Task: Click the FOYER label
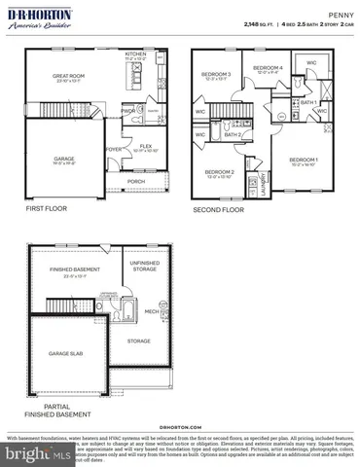click(x=113, y=149)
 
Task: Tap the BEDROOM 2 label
click(x=220, y=171)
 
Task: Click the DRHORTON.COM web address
click(x=180, y=425)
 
